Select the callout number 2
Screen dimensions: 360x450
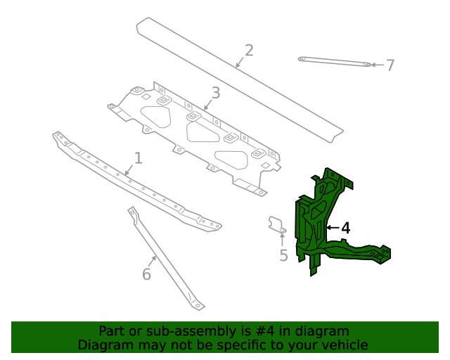tap(248, 50)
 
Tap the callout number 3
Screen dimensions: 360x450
tap(215, 93)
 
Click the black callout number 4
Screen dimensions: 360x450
tap(345, 228)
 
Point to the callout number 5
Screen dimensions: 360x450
tap(283, 255)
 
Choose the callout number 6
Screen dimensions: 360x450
tap(146, 274)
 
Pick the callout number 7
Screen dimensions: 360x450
tap(390, 65)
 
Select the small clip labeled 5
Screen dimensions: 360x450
tap(276, 224)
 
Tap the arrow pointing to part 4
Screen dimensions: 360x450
tap(333, 228)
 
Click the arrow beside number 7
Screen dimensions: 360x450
tap(377, 65)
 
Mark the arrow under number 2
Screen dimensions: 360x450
tap(239, 63)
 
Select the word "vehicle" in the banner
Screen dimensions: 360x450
tap(343, 345)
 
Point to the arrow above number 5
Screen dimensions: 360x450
tap(282, 239)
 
